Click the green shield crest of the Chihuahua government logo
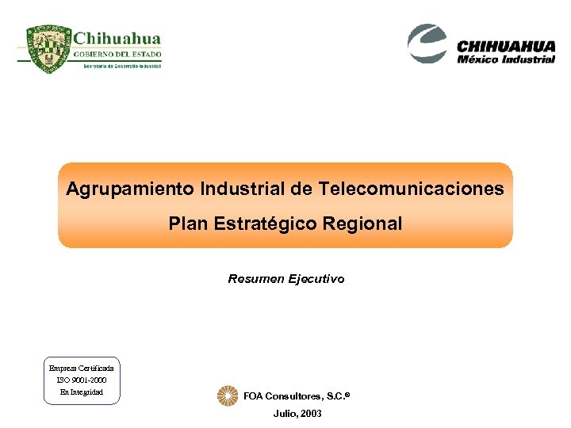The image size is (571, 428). tap(49, 49)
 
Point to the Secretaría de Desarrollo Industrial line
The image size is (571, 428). tap(122, 66)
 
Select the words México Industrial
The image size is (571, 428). tap(506, 59)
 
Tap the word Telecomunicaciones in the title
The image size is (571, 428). tap(411, 189)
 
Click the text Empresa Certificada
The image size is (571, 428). tap(82, 369)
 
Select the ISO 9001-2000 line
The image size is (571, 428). tap(82, 380)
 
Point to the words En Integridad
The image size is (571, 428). tap(82, 392)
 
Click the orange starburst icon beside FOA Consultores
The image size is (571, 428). tap(228, 396)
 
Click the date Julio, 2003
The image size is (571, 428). tap(297, 414)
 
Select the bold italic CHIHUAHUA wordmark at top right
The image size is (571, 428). tap(506, 47)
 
